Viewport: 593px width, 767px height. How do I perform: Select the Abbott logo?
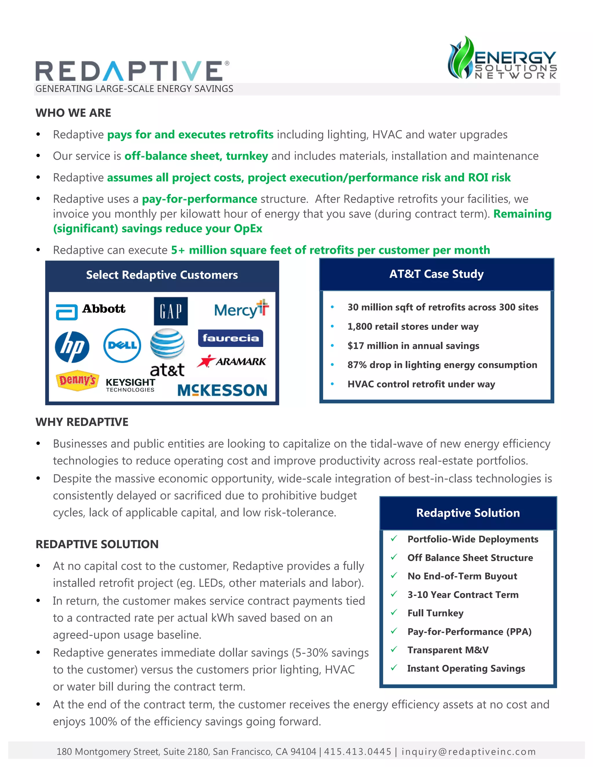click(91, 311)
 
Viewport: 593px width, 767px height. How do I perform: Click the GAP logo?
click(171, 311)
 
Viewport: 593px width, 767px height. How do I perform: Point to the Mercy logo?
click(241, 309)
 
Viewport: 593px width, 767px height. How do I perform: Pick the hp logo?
click(72, 347)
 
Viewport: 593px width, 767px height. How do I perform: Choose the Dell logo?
click(122, 346)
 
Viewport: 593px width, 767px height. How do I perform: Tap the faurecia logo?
click(230, 338)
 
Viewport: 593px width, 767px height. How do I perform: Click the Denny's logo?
click(77, 380)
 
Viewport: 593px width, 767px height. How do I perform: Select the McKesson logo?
click(222, 390)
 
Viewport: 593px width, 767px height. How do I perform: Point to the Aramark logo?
click(232, 362)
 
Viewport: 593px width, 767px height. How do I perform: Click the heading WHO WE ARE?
click(74, 113)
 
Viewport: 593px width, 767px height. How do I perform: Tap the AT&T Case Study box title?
click(436, 274)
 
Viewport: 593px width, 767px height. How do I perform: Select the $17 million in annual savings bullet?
click(413, 346)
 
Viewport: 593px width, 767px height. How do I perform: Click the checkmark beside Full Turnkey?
click(394, 612)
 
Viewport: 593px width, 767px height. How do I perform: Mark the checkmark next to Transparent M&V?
click(394, 649)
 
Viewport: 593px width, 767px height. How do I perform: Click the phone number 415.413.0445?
click(358, 752)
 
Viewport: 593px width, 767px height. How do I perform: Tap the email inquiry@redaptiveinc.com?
click(469, 752)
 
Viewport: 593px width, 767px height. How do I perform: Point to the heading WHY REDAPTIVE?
click(82, 422)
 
